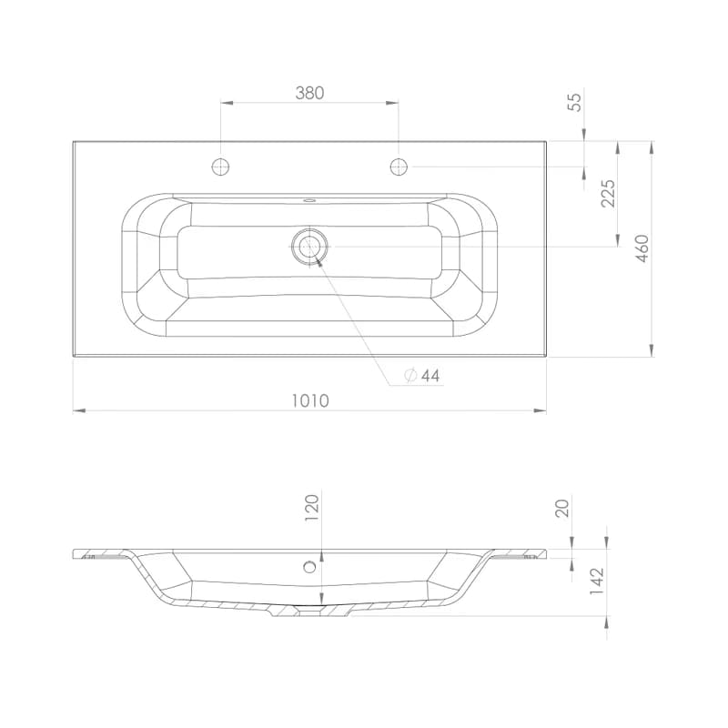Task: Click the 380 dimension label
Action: pyautogui.click(x=309, y=93)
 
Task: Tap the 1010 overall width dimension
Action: pyautogui.click(x=310, y=400)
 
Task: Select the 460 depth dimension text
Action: pyautogui.click(x=642, y=248)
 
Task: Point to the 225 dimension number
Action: pyautogui.click(x=607, y=193)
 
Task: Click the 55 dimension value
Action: pyautogui.click(x=575, y=102)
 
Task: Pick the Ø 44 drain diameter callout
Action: pyautogui.click(x=422, y=375)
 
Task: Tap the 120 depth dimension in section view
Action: pyautogui.click(x=312, y=508)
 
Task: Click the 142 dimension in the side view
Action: pyautogui.click(x=596, y=581)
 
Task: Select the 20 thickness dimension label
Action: pyautogui.click(x=561, y=509)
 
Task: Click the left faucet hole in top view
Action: pyautogui.click(x=220, y=167)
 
